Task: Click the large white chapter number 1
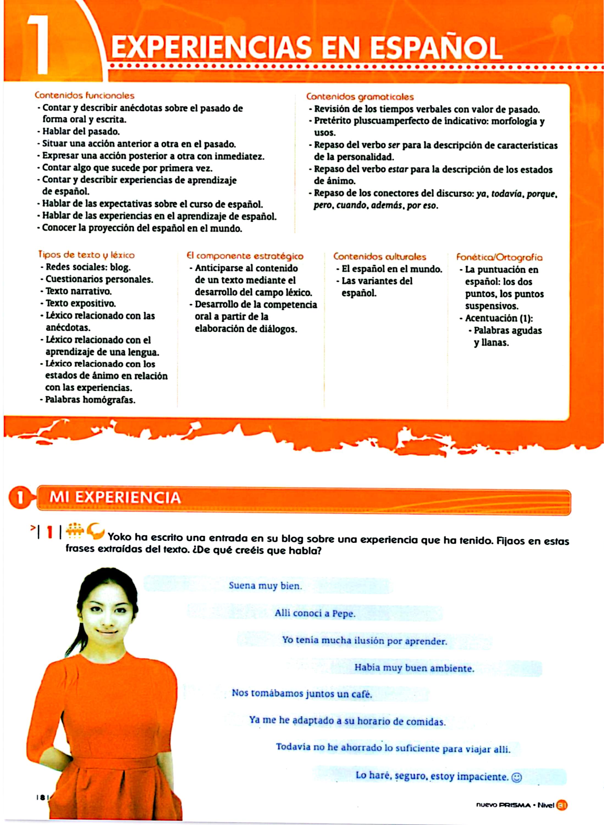coord(39,45)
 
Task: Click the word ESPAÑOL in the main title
coord(436,48)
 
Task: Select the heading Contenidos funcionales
coord(84,96)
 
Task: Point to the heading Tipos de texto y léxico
coord(86,255)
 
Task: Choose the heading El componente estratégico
coord(245,256)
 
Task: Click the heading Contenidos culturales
coord(379,257)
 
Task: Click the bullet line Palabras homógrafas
coord(90,400)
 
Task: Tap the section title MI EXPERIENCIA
coord(115,498)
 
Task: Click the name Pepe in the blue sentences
coord(343,614)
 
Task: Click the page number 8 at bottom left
coord(42,798)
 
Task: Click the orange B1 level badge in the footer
coord(561,805)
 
